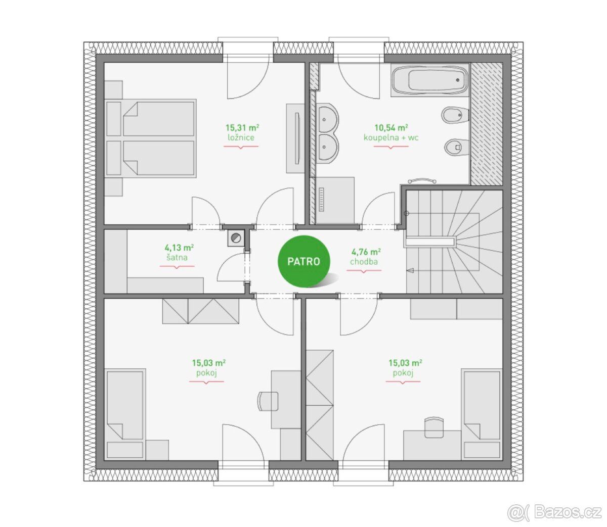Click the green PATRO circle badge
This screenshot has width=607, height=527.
coord(303,261)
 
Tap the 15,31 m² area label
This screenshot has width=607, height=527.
coord(242,128)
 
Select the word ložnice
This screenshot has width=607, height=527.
coord(241,137)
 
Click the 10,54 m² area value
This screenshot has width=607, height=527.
coord(391,128)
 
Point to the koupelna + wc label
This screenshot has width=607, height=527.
coord(391,137)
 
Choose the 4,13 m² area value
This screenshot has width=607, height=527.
coord(179,248)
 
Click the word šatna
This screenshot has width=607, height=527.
coord(177,257)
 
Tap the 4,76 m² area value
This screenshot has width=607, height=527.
coord(366,252)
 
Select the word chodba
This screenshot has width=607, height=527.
coord(364,262)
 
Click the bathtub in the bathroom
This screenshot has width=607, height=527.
coord(429,80)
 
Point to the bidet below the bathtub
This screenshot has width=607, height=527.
coord(455,115)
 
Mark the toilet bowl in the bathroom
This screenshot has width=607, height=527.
coord(456,147)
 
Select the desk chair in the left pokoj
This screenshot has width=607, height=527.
coord(268,401)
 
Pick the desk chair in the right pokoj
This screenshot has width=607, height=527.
coord(434,427)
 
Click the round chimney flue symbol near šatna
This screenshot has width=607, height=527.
coord(236,237)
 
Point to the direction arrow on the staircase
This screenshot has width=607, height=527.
coord(411,270)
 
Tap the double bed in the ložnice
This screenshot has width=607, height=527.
coord(150,138)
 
